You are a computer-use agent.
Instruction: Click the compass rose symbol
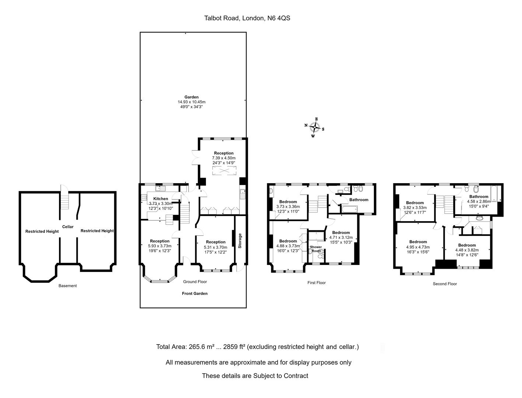[x=315, y=128]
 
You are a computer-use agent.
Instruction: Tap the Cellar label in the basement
[x=68, y=227]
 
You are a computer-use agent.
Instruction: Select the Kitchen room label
[x=161, y=199]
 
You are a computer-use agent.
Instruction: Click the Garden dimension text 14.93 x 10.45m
[x=192, y=102]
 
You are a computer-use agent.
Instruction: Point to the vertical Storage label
[x=240, y=241]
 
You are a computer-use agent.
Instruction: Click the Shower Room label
[x=316, y=249]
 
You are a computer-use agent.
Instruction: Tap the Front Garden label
[x=195, y=293]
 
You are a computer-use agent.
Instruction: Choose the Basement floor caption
[x=67, y=286]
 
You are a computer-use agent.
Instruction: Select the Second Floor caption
[x=445, y=283]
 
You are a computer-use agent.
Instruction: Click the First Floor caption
[x=316, y=283]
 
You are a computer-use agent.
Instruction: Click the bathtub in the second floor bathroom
[x=495, y=194]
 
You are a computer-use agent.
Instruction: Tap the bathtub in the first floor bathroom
[x=349, y=210]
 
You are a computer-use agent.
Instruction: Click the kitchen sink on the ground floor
[x=161, y=189]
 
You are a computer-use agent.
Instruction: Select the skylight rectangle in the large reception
[x=224, y=171]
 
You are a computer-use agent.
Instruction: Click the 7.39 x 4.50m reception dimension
[x=224, y=158]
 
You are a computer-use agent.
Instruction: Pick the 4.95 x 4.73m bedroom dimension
[x=418, y=247]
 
